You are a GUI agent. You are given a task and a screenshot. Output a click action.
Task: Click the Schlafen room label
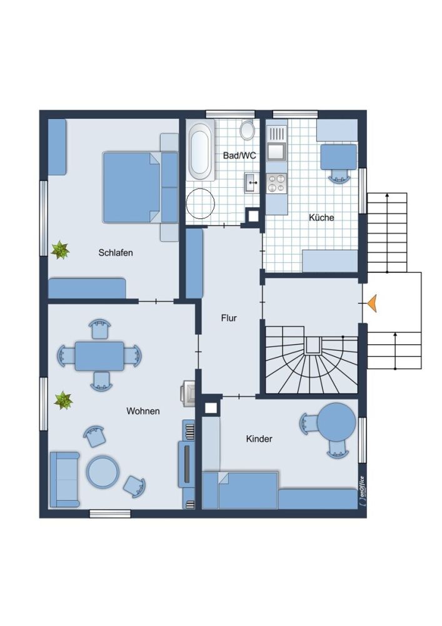[116, 253]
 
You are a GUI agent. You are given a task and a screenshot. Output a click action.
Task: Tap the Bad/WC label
[239, 155]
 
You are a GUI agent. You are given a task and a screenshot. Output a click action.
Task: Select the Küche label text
[321, 218]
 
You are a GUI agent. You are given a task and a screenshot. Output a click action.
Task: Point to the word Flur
[229, 318]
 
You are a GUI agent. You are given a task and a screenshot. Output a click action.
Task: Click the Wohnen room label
[143, 411]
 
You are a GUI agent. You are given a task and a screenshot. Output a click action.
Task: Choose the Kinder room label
[259, 439]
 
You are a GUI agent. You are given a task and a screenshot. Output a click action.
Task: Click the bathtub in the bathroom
[201, 151]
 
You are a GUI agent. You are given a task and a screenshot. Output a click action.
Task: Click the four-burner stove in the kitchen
[276, 183]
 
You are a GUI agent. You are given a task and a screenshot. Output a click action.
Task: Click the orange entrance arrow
[372, 303]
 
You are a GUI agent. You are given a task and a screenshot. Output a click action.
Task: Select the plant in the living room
[63, 400]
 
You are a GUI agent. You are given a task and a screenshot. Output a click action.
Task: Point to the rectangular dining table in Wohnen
[99, 356]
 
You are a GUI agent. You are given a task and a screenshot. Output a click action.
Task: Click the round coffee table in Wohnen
[103, 472]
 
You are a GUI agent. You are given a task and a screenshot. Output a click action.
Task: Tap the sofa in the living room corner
[64, 480]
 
